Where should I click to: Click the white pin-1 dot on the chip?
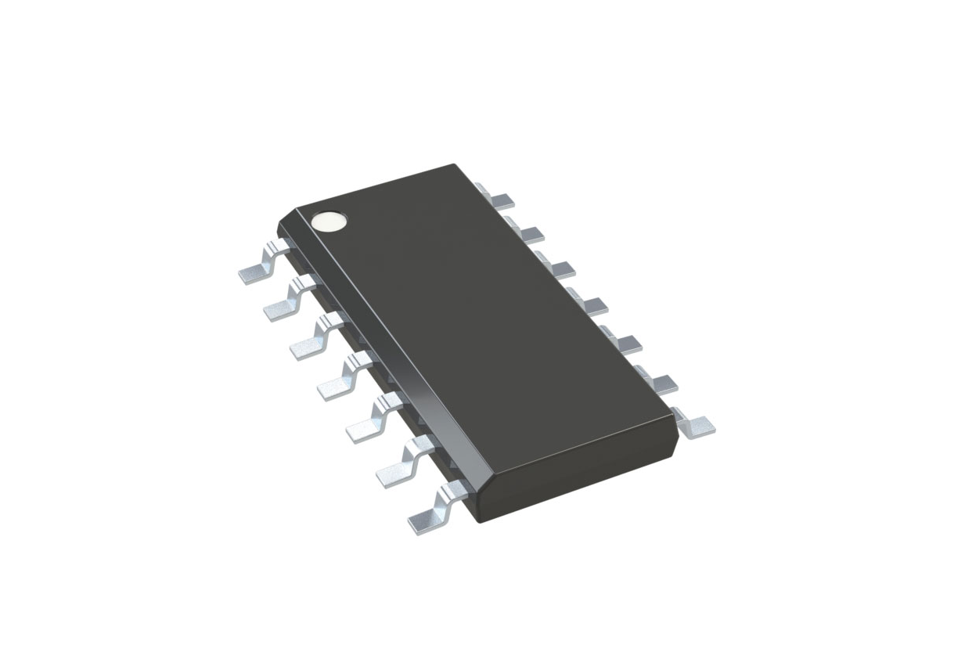pos(329,221)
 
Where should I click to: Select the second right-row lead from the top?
pos(527,232)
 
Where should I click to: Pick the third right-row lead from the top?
pos(558,268)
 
